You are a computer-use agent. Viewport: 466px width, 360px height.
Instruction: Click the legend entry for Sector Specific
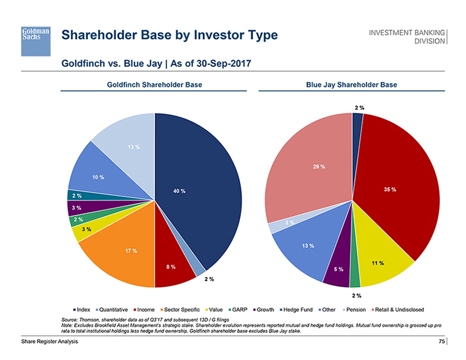[179, 309]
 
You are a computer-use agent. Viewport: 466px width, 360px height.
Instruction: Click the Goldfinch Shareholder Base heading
[154, 85]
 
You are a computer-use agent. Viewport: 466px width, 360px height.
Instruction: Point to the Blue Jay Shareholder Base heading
[351, 85]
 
